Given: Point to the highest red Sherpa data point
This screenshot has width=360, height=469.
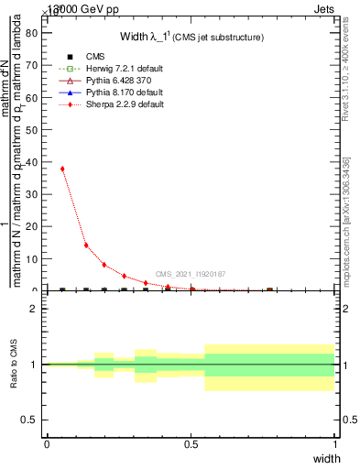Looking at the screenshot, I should (x=62, y=169).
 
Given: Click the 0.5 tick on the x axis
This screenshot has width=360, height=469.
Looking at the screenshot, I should (x=191, y=443).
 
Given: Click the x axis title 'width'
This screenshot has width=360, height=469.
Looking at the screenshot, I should (x=326, y=457).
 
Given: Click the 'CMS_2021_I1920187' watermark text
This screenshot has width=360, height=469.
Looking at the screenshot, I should (x=191, y=274).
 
